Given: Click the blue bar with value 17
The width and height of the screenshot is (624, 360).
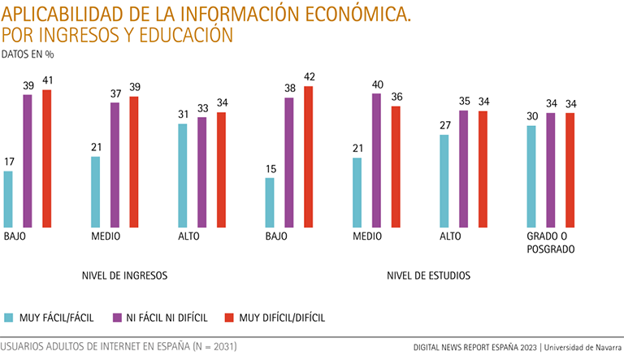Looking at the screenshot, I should click(x=9, y=199).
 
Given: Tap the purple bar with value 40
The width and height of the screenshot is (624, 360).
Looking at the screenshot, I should click(x=376, y=161).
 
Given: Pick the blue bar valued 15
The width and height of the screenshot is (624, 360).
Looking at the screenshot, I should click(x=270, y=202).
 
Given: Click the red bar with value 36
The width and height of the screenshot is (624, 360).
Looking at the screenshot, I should click(x=396, y=167).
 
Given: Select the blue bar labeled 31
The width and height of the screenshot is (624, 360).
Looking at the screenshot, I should click(x=183, y=176).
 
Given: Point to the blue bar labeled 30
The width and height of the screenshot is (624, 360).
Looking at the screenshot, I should click(x=531, y=176).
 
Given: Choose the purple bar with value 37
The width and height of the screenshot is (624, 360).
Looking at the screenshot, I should click(x=115, y=165).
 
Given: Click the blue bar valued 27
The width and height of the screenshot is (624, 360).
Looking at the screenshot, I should click(x=444, y=181).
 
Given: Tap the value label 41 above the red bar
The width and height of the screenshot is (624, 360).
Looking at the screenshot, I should click(x=46, y=82).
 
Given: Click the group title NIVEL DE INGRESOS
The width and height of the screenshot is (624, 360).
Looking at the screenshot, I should click(x=124, y=275).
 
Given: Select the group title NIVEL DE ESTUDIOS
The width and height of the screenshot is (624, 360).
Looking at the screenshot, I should click(x=428, y=275).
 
